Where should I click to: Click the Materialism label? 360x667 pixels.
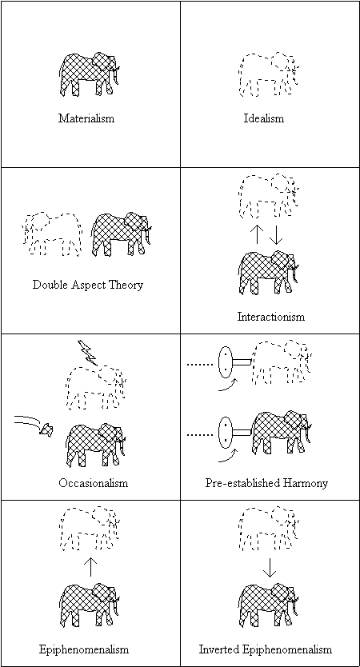tap(86, 118)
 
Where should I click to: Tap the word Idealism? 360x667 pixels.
tap(264, 118)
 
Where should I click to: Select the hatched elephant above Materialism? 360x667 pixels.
tap(90, 74)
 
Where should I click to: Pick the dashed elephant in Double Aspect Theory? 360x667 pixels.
tap(51, 234)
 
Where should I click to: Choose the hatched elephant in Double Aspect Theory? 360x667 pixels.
tap(122, 234)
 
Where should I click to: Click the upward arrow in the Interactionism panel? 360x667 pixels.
tap(257, 234)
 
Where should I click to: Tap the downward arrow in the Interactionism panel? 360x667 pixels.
tap(276, 234)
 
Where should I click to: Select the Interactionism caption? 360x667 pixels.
tap(271, 317)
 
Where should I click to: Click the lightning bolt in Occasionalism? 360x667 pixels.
tap(88, 353)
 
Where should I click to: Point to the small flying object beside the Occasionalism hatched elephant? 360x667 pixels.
tap(46, 430)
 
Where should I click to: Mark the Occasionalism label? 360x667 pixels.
tap(93, 483)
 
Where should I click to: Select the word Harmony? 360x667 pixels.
tap(308, 484)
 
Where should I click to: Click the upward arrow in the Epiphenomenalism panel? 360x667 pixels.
tap(90, 566)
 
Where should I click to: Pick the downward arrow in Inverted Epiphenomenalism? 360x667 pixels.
tap(270, 566)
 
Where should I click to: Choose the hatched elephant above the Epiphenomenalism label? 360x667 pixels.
tap(90, 605)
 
